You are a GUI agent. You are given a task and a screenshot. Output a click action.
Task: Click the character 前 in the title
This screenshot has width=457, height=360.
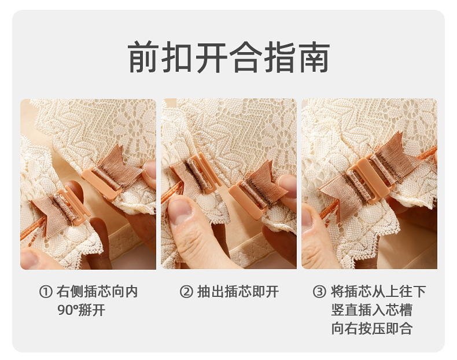click(x=143, y=57)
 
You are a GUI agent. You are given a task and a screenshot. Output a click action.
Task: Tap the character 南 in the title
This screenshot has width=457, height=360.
click(x=314, y=57)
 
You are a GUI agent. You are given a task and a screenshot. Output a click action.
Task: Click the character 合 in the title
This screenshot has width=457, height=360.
click(x=245, y=57)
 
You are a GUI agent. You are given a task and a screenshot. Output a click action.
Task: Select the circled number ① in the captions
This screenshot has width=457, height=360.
click(x=46, y=292)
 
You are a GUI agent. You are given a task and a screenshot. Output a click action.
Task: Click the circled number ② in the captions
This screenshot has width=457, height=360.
click(x=186, y=292)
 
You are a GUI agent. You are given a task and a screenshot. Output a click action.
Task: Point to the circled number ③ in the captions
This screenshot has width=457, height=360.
click(x=319, y=292)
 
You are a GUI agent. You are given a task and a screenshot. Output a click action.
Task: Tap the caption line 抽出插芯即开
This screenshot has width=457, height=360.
click(x=238, y=292)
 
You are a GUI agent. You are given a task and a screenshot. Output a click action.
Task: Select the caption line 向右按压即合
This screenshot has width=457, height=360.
click(x=372, y=329)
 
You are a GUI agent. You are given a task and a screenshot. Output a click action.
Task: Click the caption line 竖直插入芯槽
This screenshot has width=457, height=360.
click(x=372, y=310)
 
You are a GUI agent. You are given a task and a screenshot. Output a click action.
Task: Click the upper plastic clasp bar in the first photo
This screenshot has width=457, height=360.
click(x=102, y=182)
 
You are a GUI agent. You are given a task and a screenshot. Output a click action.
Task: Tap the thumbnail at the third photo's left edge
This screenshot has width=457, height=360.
click(x=307, y=216)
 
